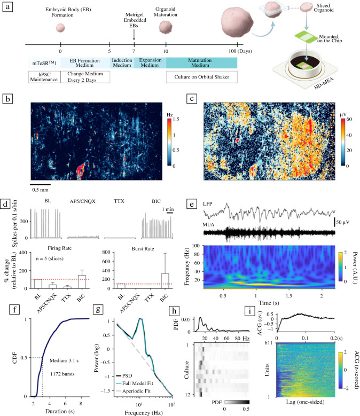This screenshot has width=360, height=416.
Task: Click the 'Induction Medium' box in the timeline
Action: (x=121, y=63)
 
